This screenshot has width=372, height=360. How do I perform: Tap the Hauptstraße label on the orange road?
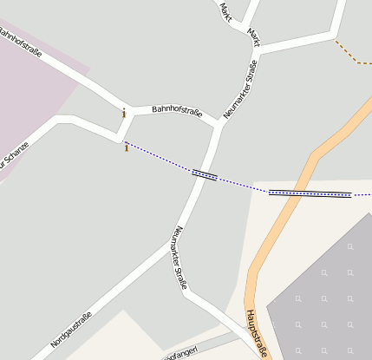click(x=258, y=332)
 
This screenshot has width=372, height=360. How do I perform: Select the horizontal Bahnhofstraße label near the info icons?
click(x=177, y=111)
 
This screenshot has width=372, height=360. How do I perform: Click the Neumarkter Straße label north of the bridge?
click(x=240, y=88)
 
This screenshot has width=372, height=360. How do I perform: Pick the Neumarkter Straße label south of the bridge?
click(x=180, y=253)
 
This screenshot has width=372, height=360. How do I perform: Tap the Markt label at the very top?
click(x=225, y=11)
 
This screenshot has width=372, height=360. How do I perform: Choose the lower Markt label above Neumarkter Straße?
click(x=253, y=36)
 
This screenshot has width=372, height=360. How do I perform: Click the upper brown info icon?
click(x=123, y=113)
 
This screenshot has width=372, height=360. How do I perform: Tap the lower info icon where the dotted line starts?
click(x=127, y=147)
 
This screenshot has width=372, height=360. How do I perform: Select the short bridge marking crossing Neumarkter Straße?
click(x=204, y=174)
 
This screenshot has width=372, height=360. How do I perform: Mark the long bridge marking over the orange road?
click(x=310, y=193)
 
